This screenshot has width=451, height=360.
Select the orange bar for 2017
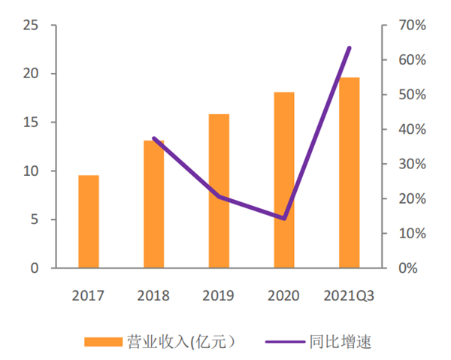pyautogui.click(x=89, y=222)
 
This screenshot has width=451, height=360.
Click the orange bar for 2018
pyautogui.click(x=153, y=204)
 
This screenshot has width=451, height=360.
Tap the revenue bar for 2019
pyautogui.click(x=219, y=191)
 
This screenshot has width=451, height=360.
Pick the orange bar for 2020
pyautogui.click(x=284, y=180)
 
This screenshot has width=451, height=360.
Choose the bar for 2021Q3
pyautogui.click(x=349, y=173)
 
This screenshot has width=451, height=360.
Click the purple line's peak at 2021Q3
pyautogui.click(x=350, y=48)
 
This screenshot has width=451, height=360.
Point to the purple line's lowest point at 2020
pyautogui.click(x=284, y=219)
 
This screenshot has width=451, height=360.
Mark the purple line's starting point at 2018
pyautogui.click(x=153, y=138)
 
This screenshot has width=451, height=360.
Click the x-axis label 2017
pyautogui.click(x=88, y=295)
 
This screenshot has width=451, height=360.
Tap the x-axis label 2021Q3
pyautogui.click(x=349, y=295)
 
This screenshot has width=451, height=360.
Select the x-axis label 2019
pyautogui.click(x=219, y=295)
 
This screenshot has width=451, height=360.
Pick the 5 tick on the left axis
pyautogui.click(x=34, y=219)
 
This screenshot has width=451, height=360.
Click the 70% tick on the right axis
pyautogui.click(x=413, y=26)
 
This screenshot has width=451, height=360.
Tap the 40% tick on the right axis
pyautogui.click(x=413, y=129)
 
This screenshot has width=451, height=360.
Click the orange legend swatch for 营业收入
pyautogui.click(x=103, y=341)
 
